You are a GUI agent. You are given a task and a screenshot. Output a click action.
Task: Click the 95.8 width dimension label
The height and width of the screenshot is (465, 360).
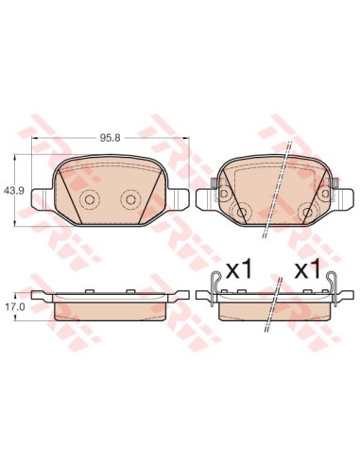click(x=111, y=138)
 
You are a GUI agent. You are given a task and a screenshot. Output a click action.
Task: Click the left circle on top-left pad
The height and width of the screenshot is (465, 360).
click(x=89, y=199)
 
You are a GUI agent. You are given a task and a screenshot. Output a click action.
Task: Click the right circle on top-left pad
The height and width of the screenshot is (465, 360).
click(x=130, y=199)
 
